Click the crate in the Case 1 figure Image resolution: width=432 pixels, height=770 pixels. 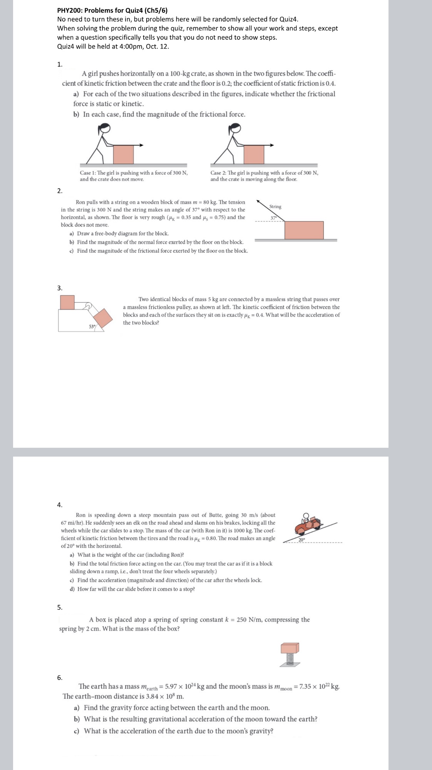coord(123,154)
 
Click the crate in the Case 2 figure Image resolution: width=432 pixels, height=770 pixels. coord(254,154)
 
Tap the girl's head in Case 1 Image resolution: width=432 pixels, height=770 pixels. coord(105,128)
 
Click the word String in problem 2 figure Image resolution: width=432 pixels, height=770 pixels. coord(275,207)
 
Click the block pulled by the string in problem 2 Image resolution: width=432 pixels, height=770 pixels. coord(304,230)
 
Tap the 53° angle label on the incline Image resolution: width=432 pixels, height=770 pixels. coord(92,326)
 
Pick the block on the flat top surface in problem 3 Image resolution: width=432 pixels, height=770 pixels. coord(67,302)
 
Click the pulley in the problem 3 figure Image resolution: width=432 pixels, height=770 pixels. coord(89,306)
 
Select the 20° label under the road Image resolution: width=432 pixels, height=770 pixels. coord(301,540)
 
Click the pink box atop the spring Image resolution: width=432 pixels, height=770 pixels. coord(290,648)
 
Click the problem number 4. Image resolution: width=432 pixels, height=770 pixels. coord(59,505)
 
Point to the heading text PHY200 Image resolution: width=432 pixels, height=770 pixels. coord(69,10)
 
